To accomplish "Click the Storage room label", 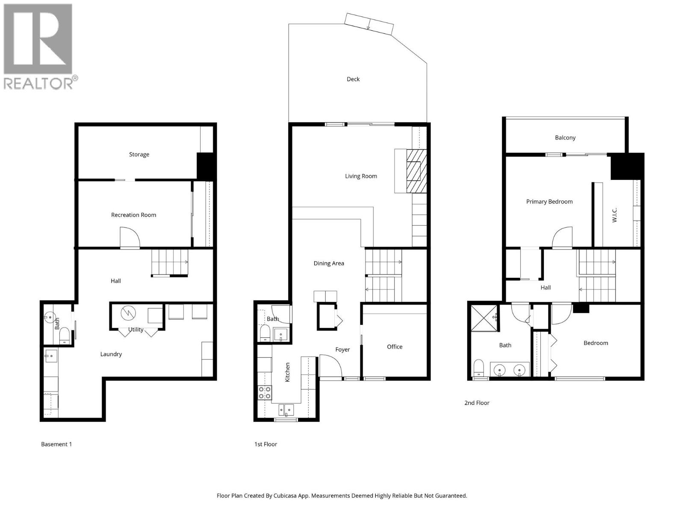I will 139,154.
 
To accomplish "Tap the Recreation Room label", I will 133,215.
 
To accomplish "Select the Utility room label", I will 136,330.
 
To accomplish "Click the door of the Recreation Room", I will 130,237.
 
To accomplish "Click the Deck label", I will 353,79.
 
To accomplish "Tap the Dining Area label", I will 329,263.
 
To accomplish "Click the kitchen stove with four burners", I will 265,392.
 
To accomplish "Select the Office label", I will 395,347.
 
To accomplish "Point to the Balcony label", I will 565,138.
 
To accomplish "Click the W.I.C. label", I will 614,215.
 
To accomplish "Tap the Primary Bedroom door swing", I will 562,237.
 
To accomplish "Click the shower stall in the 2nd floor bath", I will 484,318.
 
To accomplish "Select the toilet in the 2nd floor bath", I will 479,368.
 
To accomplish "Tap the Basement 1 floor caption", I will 56,444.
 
